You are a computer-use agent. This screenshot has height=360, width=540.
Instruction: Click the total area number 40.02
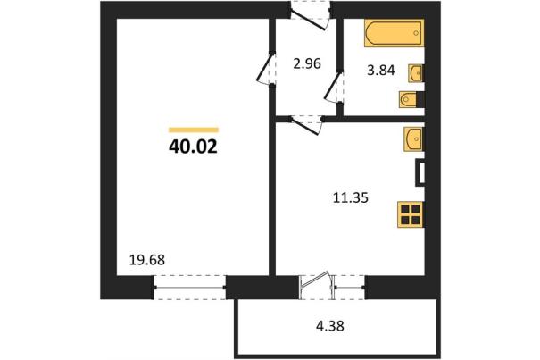[193, 147]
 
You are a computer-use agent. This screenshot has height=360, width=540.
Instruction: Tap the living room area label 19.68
[147, 260]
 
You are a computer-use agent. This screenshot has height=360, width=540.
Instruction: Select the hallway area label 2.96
[307, 63]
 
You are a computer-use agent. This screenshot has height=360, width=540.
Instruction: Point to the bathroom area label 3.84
[380, 71]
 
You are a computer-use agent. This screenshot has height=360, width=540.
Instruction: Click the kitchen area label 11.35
[351, 198]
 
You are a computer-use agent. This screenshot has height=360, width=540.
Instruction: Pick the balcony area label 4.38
[330, 325]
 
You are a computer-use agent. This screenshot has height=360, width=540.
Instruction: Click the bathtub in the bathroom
[394, 33]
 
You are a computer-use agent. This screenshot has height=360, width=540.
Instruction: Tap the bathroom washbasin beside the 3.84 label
[416, 73]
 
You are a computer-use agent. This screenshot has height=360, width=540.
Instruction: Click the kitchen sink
[413, 139]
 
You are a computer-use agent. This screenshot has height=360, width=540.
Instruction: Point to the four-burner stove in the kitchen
[411, 214]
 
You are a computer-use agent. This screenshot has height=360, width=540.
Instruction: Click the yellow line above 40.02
[194, 130]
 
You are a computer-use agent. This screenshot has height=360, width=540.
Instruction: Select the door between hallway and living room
[266, 69]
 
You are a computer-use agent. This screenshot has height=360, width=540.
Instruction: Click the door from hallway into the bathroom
[334, 88]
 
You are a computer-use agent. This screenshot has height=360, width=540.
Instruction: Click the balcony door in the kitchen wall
[317, 285]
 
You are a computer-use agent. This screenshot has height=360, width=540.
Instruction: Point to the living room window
[189, 288]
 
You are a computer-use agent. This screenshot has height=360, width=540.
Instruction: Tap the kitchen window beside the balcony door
[350, 287]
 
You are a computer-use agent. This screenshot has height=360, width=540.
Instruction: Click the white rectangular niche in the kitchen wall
[420, 172]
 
